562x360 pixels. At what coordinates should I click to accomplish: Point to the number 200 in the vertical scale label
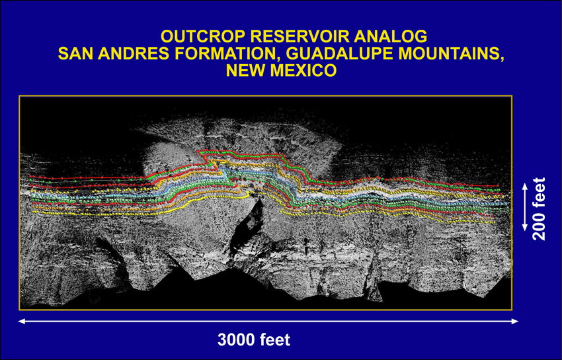coord(539,226)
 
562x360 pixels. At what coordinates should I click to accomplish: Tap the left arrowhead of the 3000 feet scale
coord(22,321)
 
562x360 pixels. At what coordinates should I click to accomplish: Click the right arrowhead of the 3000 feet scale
coord(515,321)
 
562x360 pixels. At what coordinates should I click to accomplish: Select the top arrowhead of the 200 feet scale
coord(525,187)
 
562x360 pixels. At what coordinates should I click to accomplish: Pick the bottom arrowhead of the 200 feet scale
coord(525,227)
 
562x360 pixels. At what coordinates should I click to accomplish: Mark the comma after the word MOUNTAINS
coord(501,59)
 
